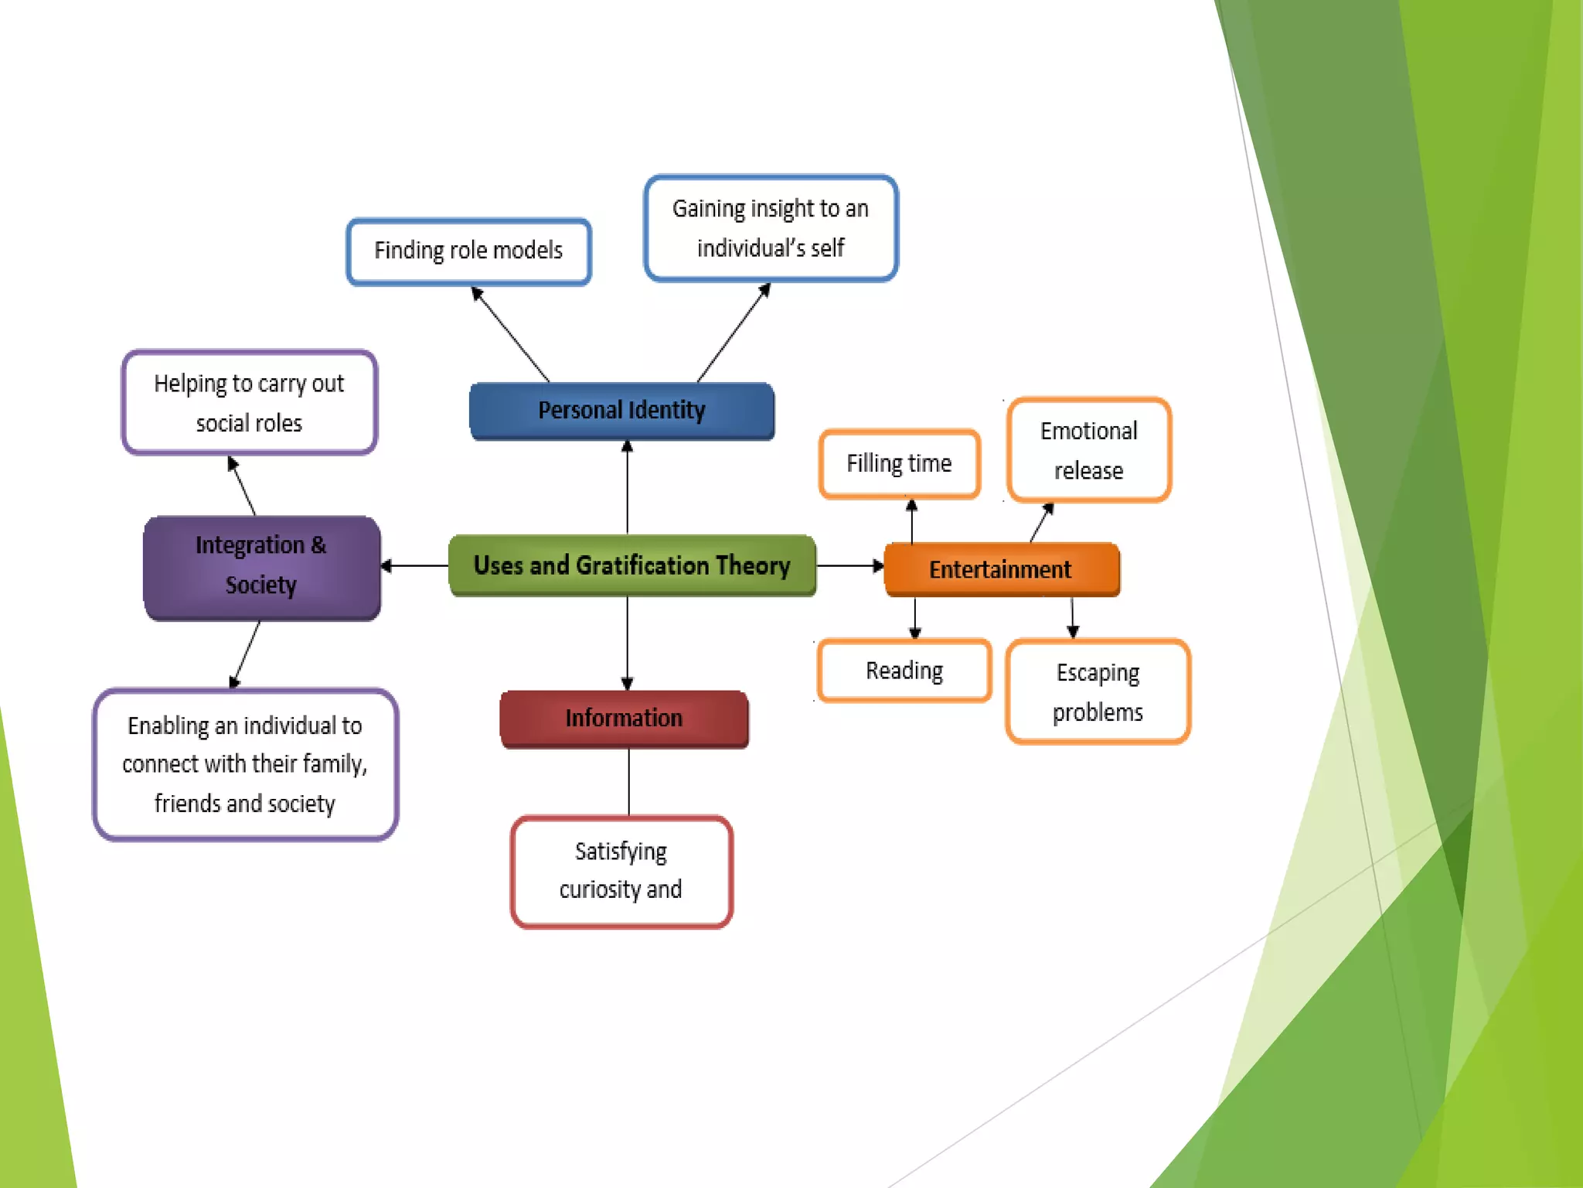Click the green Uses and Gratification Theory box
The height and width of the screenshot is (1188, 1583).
pyautogui.click(x=631, y=565)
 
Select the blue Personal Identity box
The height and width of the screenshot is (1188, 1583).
pyautogui.click(x=621, y=410)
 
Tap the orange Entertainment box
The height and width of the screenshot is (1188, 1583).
pyautogui.click(x=1001, y=569)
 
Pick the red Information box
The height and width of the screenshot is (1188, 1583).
pyautogui.click(x=624, y=718)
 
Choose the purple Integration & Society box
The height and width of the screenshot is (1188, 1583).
pyautogui.click(x=261, y=565)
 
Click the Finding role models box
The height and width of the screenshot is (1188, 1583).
pyautogui.click(x=468, y=251)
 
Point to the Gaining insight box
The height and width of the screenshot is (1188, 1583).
pyautogui.click(x=771, y=228)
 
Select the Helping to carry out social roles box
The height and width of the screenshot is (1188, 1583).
pyautogui.click(x=249, y=402)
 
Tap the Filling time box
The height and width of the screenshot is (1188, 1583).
pyautogui.click(x=899, y=463)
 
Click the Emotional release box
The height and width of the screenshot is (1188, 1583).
pyautogui.click(x=1088, y=450)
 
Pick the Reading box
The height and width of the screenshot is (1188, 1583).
pyautogui.click(x=904, y=671)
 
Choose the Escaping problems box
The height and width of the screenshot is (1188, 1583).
pyautogui.click(x=1098, y=691)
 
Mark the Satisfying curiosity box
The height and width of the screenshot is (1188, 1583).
pyautogui.click(x=621, y=871)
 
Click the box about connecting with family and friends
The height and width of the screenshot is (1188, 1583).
pyautogui.click(x=245, y=764)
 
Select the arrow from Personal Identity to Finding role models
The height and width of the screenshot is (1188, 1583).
pyautogui.click(x=510, y=334)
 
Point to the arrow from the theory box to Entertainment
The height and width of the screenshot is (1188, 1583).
pyautogui.click(x=849, y=566)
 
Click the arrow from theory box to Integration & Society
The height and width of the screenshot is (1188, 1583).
pyautogui.click(x=415, y=566)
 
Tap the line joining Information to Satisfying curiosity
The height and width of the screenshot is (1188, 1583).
pyautogui.click(x=628, y=781)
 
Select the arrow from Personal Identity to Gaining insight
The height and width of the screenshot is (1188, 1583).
pyautogui.click(x=734, y=333)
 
